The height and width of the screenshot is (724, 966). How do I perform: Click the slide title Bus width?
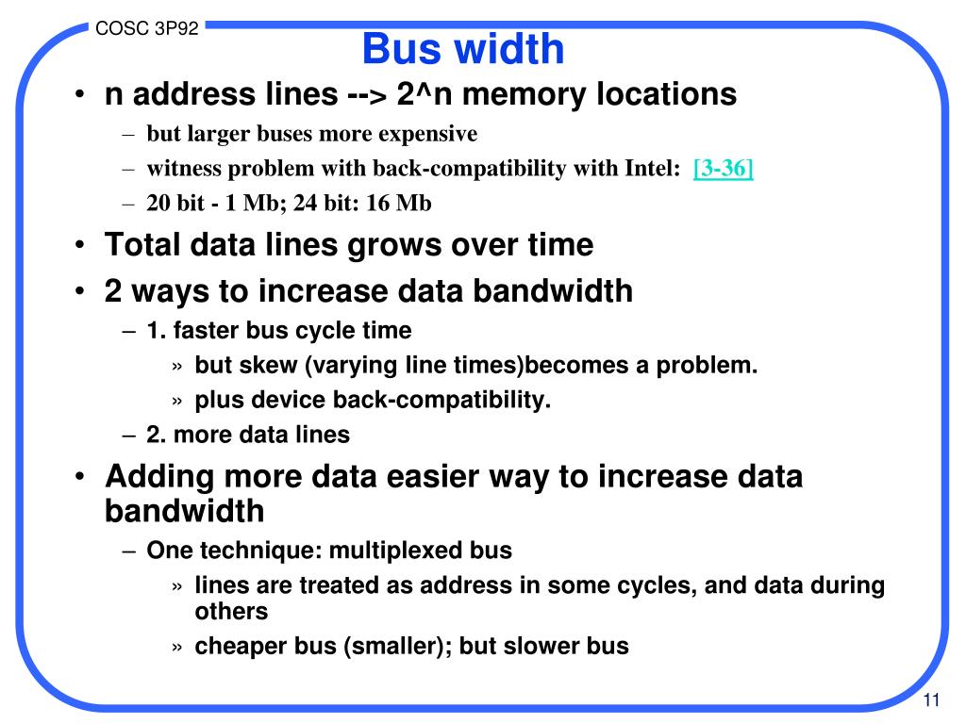coord(463,48)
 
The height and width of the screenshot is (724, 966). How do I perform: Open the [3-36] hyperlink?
coord(723,169)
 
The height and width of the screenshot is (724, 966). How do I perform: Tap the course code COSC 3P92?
coord(147,28)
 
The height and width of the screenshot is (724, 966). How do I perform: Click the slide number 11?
coord(933,699)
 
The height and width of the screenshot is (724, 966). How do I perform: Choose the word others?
coord(232,611)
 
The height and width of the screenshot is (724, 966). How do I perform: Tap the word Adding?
coord(159,476)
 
